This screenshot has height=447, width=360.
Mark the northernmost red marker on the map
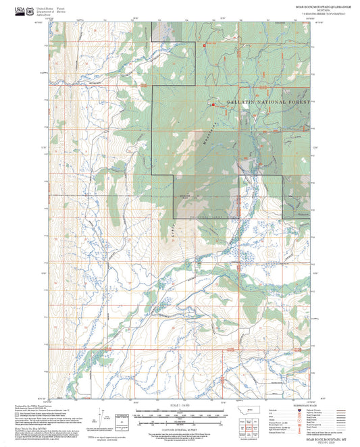[205, 45]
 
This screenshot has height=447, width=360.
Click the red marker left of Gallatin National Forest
[213, 105]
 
